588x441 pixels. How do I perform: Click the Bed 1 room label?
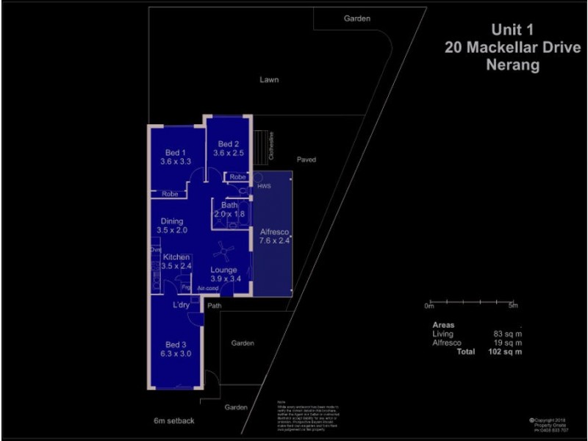[x=175, y=152]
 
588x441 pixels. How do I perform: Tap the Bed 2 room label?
[x=228, y=144]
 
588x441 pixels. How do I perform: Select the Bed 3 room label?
[x=175, y=345]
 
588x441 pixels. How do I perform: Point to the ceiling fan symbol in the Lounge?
[x=223, y=252]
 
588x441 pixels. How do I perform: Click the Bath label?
[x=229, y=205]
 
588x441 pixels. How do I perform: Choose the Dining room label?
[x=171, y=221]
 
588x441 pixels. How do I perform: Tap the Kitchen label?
[x=176, y=257]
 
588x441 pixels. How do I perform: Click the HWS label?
[x=264, y=187]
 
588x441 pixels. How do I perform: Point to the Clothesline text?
[x=271, y=146]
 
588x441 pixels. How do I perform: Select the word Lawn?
[x=269, y=79]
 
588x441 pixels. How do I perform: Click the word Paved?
[x=306, y=159]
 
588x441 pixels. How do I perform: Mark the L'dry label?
[x=182, y=304]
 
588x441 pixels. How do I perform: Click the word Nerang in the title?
[x=512, y=65]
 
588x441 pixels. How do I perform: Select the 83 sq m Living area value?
[x=508, y=334]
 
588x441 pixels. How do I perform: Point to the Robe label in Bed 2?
[x=237, y=177]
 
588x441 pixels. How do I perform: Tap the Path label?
[x=215, y=306]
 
